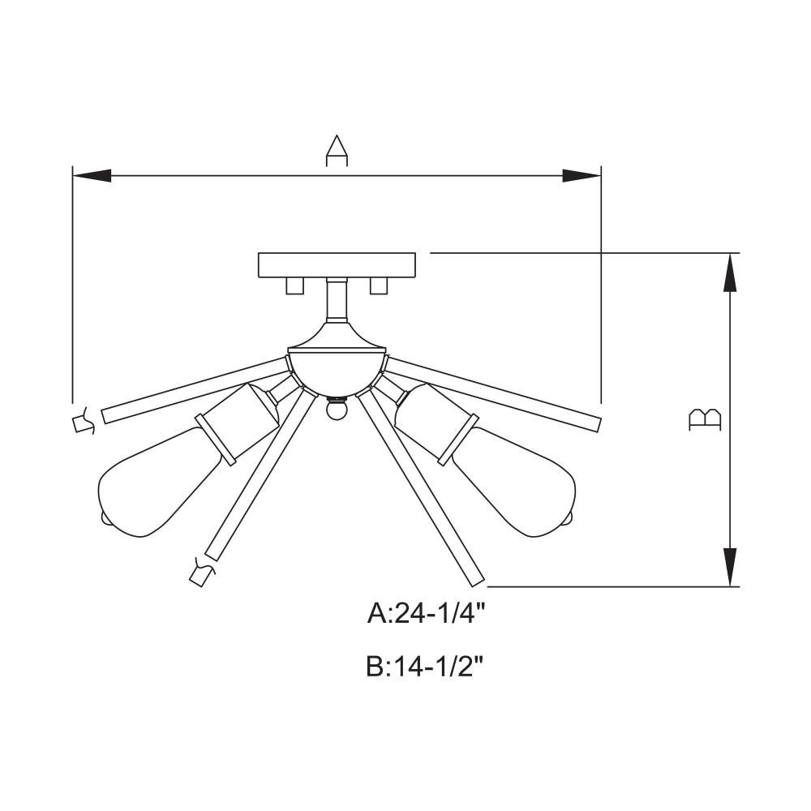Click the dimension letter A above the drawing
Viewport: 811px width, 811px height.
tap(337, 151)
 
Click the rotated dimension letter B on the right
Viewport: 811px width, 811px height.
tap(705, 419)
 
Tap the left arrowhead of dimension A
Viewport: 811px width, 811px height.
tap(92, 176)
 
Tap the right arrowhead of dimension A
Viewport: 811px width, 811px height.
tap(581, 176)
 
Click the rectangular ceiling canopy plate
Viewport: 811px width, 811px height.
tap(337, 265)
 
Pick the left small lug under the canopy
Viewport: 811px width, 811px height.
tap(294, 285)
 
